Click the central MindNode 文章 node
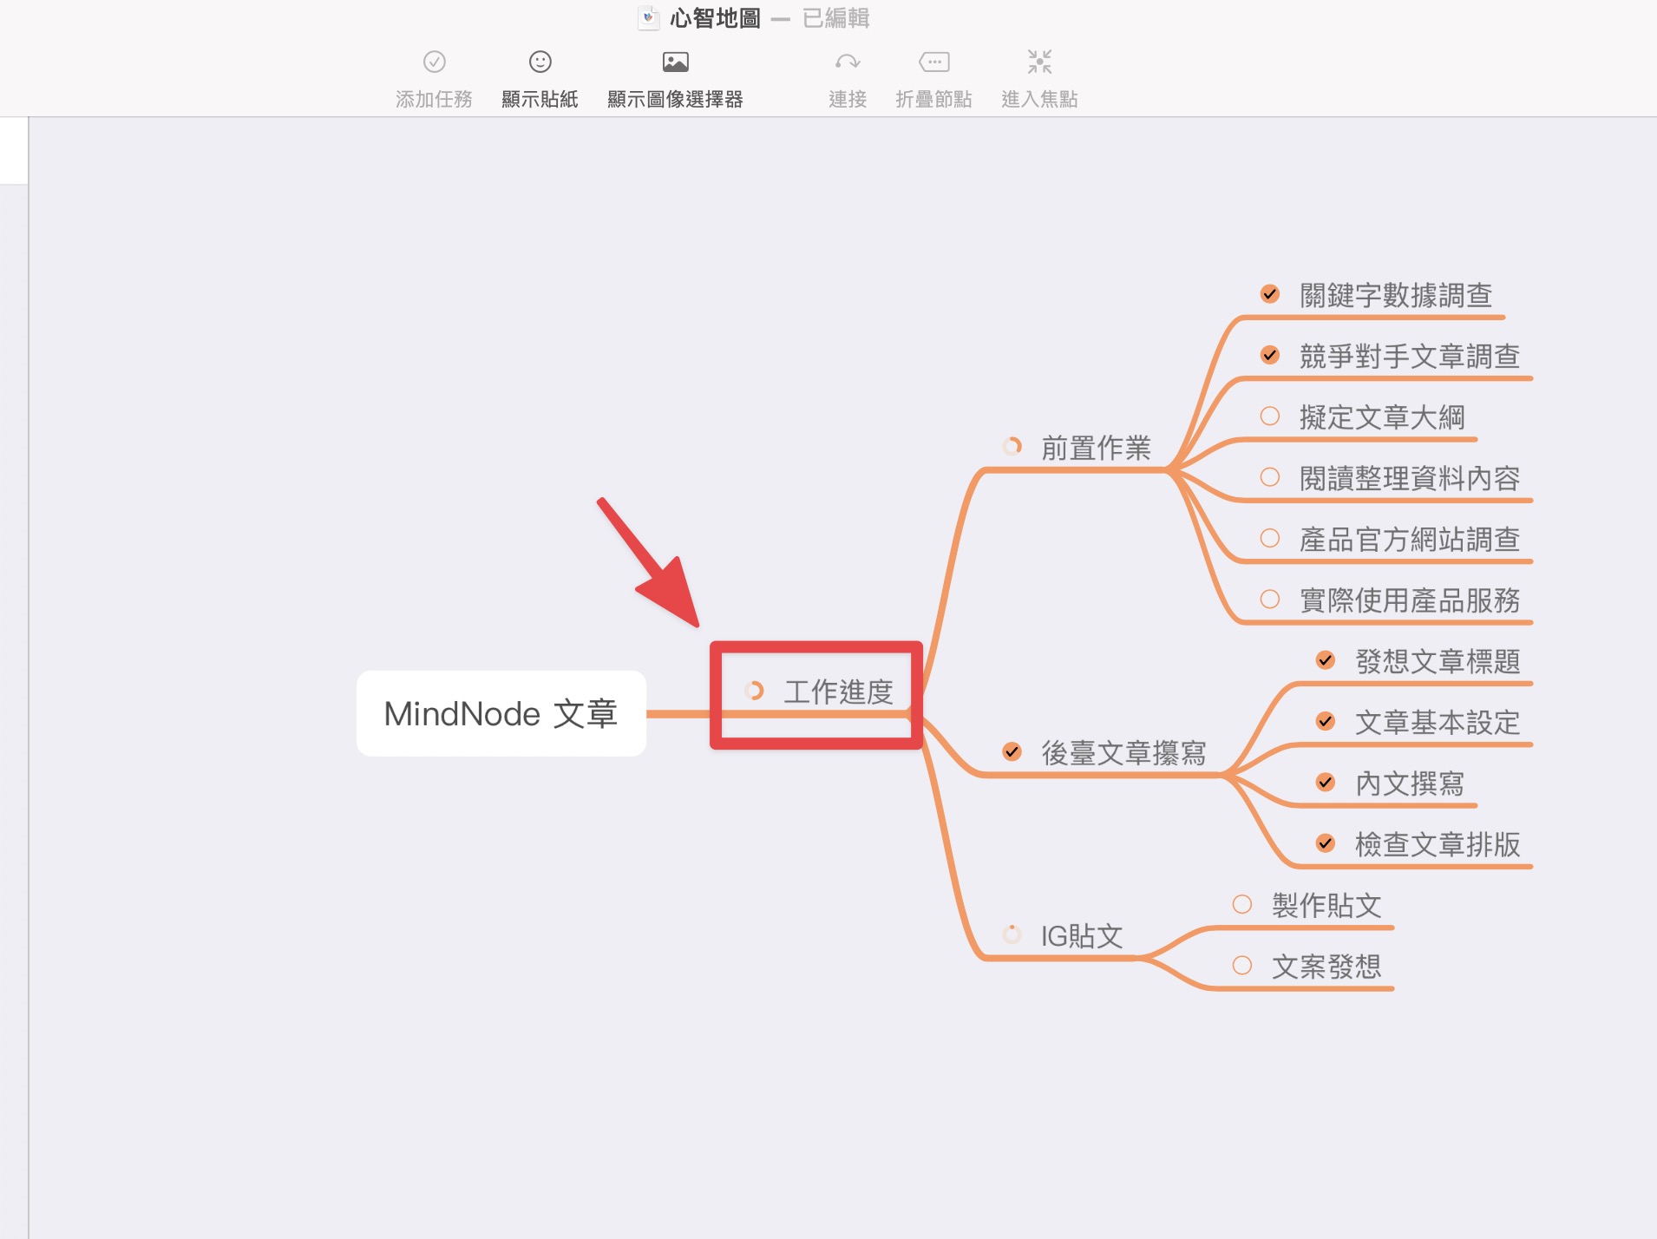point(501,713)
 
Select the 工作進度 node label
point(838,692)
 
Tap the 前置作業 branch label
point(1096,448)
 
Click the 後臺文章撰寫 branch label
point(1123,752)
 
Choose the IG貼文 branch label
point(1082,935)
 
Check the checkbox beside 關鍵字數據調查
point(1270,294)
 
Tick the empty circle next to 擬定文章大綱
point(1270,416)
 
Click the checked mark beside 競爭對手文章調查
point(1270,355)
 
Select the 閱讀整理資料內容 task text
point(1410,478)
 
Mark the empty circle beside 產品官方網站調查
point(1270,538)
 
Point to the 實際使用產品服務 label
point(1410,600)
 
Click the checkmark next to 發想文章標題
point(1326,660)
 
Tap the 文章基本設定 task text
point(1438,722)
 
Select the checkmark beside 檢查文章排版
point(1326,842)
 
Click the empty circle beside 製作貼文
point(1242,904)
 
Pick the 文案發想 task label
point(1326,967)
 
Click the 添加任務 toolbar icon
point(435,62)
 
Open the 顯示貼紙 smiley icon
point(540,62)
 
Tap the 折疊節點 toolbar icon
point(934,62)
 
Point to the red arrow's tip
point(698,626)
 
